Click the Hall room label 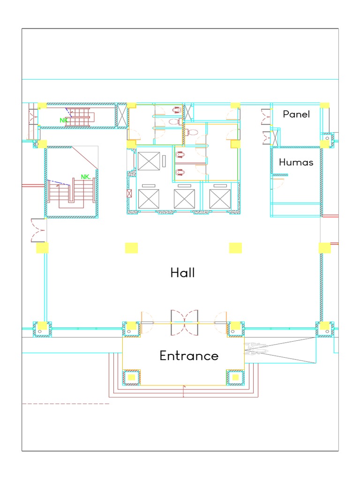pos(182,273)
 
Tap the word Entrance pos(189,356)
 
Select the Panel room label pos(296,114)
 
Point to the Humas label pos(296,163)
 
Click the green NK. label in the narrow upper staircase pos(64,120)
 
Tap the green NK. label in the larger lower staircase pos(86,177)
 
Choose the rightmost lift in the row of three pos(220,199)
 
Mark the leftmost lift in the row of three pos(149,199)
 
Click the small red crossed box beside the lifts pos(129,193)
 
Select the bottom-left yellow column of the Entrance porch pos(132,377)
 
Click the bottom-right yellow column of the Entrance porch pos(235,377)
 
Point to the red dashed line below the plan pos(66,404)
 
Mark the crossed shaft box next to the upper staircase pos(121,115)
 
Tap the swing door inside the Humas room pos(280,180)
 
